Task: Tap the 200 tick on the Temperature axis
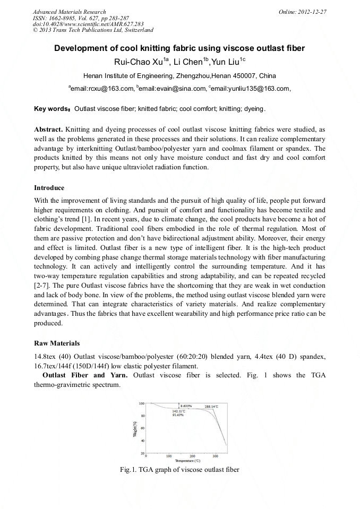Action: coord(192,455)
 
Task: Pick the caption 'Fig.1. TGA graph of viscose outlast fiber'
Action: coord(180,470)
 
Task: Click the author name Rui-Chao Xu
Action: coord(134,62)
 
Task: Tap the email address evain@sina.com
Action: coord(162,89)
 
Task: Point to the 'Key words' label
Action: coord(52,109)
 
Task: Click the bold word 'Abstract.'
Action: coord(49,130)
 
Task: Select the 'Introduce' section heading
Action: coord(49,188)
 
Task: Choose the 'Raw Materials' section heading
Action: coord(57,343)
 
